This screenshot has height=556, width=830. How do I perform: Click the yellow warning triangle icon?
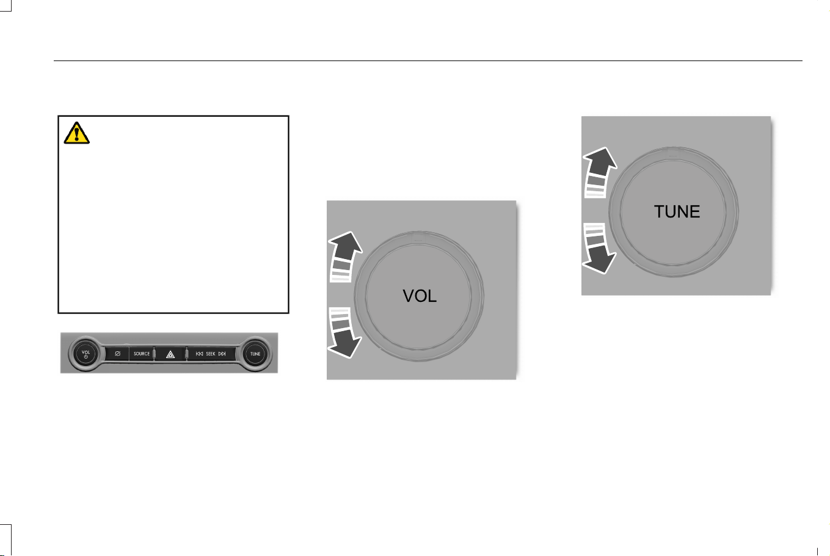pos(77,133)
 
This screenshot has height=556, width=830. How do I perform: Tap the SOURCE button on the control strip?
pos(142,354)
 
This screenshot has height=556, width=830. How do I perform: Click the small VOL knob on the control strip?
pos(86,354)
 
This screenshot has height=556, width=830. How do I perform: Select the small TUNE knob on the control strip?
pos(255,354)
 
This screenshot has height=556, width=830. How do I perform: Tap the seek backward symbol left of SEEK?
pos(199,354)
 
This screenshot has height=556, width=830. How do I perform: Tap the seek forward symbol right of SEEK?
pos(222,354)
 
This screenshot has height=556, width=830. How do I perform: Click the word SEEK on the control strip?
pos(211,354)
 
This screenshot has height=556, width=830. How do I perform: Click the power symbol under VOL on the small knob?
pos(86,357)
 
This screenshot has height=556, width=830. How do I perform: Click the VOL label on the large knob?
pos(420,296)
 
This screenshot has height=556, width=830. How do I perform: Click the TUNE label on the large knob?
pos(677,211)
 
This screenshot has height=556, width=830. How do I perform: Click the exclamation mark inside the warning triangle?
pos(77,134)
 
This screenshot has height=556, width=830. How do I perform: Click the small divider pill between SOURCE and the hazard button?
pos(154,354)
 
